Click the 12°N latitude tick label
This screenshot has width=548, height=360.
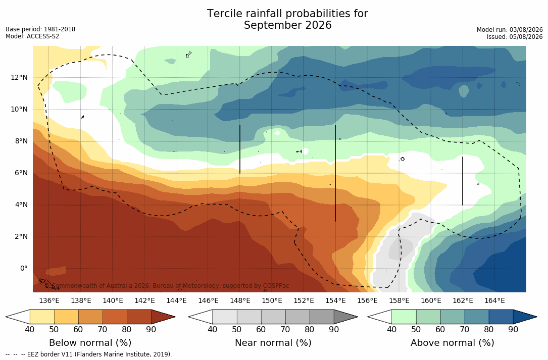19,78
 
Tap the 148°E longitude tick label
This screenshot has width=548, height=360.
240,300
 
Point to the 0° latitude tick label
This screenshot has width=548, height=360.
23,269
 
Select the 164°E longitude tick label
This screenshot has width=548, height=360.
494,300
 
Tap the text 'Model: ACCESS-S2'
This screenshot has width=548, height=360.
32,36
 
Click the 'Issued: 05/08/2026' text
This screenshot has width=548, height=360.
515,37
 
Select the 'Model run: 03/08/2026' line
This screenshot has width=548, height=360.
510,30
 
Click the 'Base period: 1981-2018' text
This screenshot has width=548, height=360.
40,29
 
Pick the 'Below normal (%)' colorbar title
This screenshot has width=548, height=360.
90,342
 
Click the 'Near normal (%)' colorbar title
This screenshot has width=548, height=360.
273,342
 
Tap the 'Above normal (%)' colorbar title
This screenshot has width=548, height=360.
452,342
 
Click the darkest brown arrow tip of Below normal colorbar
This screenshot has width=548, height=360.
174,317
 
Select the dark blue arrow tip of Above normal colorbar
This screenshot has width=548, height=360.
536,317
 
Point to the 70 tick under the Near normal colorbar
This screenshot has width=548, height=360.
285,330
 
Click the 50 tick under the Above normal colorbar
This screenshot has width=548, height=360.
416,330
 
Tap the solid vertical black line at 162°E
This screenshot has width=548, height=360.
463,181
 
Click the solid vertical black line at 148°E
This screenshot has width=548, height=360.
240,149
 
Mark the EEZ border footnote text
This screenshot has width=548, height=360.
89,354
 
